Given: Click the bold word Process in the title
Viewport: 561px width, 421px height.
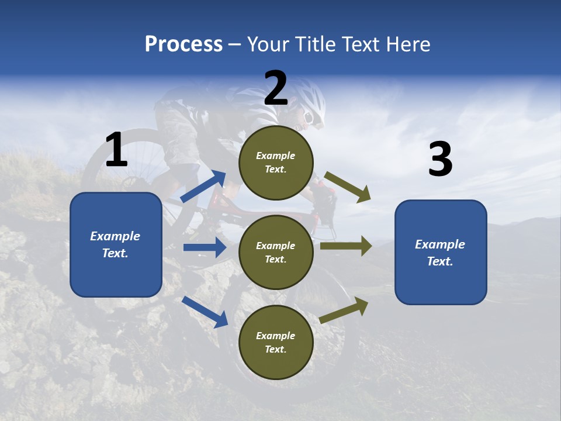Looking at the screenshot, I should tap(183, 44).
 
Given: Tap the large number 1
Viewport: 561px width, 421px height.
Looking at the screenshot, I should tap(116, 150).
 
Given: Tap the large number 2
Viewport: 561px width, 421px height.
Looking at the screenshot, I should tap(276, 89).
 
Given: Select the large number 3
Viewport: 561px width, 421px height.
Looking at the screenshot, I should tap(440, 160).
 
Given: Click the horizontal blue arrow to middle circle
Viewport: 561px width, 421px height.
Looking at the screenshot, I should tap(205, 247).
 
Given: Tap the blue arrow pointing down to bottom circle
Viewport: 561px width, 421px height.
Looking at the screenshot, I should tap(205, 312).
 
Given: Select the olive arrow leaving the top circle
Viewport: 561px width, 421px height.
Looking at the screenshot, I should tap(348, 187).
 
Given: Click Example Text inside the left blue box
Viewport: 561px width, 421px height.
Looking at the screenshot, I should tap(115, 244).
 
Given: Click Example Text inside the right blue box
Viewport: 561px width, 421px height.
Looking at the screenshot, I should tap(440, 253).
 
